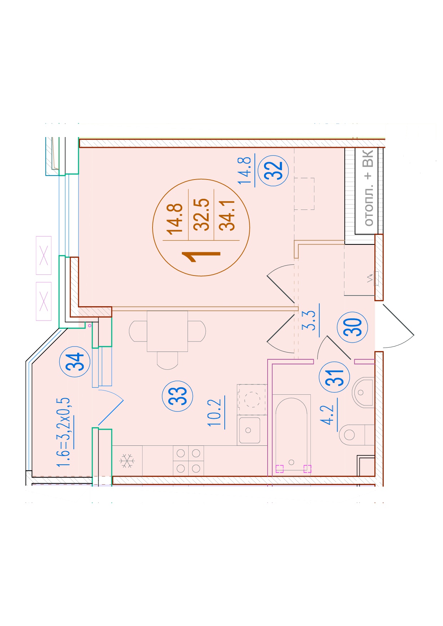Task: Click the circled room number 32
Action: coord(273,171)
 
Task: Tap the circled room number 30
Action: coord(352,327)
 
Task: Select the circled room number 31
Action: coord(334,377)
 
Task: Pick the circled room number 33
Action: coord(178,396)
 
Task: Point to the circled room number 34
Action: coord(75,362)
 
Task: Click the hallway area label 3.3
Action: coord(310,320)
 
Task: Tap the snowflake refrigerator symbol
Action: coord(127,461)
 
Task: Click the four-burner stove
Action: coord(188,460)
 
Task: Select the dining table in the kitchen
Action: coord(167,331)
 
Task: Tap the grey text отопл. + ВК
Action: coord(368,188)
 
